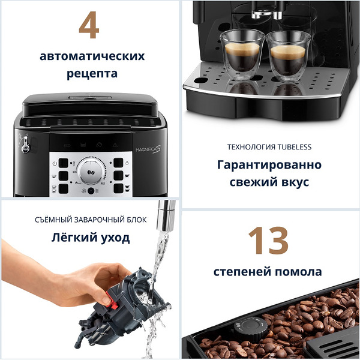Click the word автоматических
tap(92, 56)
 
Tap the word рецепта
tap(92, 74)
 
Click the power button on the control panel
tap(55, 163)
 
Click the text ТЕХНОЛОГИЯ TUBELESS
tap(269, 147)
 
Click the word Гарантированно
tap(269, 165)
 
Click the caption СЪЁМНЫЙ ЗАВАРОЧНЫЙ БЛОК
tap(90, 220)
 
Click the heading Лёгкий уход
tap(90, 238)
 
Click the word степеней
tap(240, 272)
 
